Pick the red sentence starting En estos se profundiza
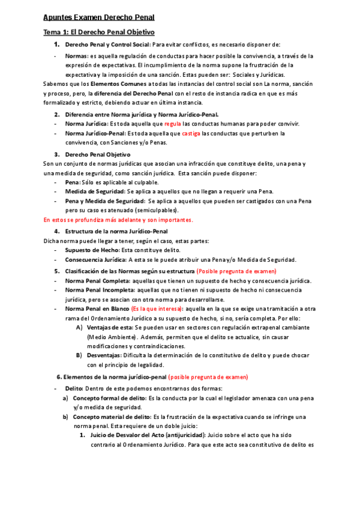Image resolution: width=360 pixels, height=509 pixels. [118, 220]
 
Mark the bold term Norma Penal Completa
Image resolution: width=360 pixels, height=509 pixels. [97, 281]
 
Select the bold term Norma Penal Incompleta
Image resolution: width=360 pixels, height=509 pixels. [100, 290]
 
